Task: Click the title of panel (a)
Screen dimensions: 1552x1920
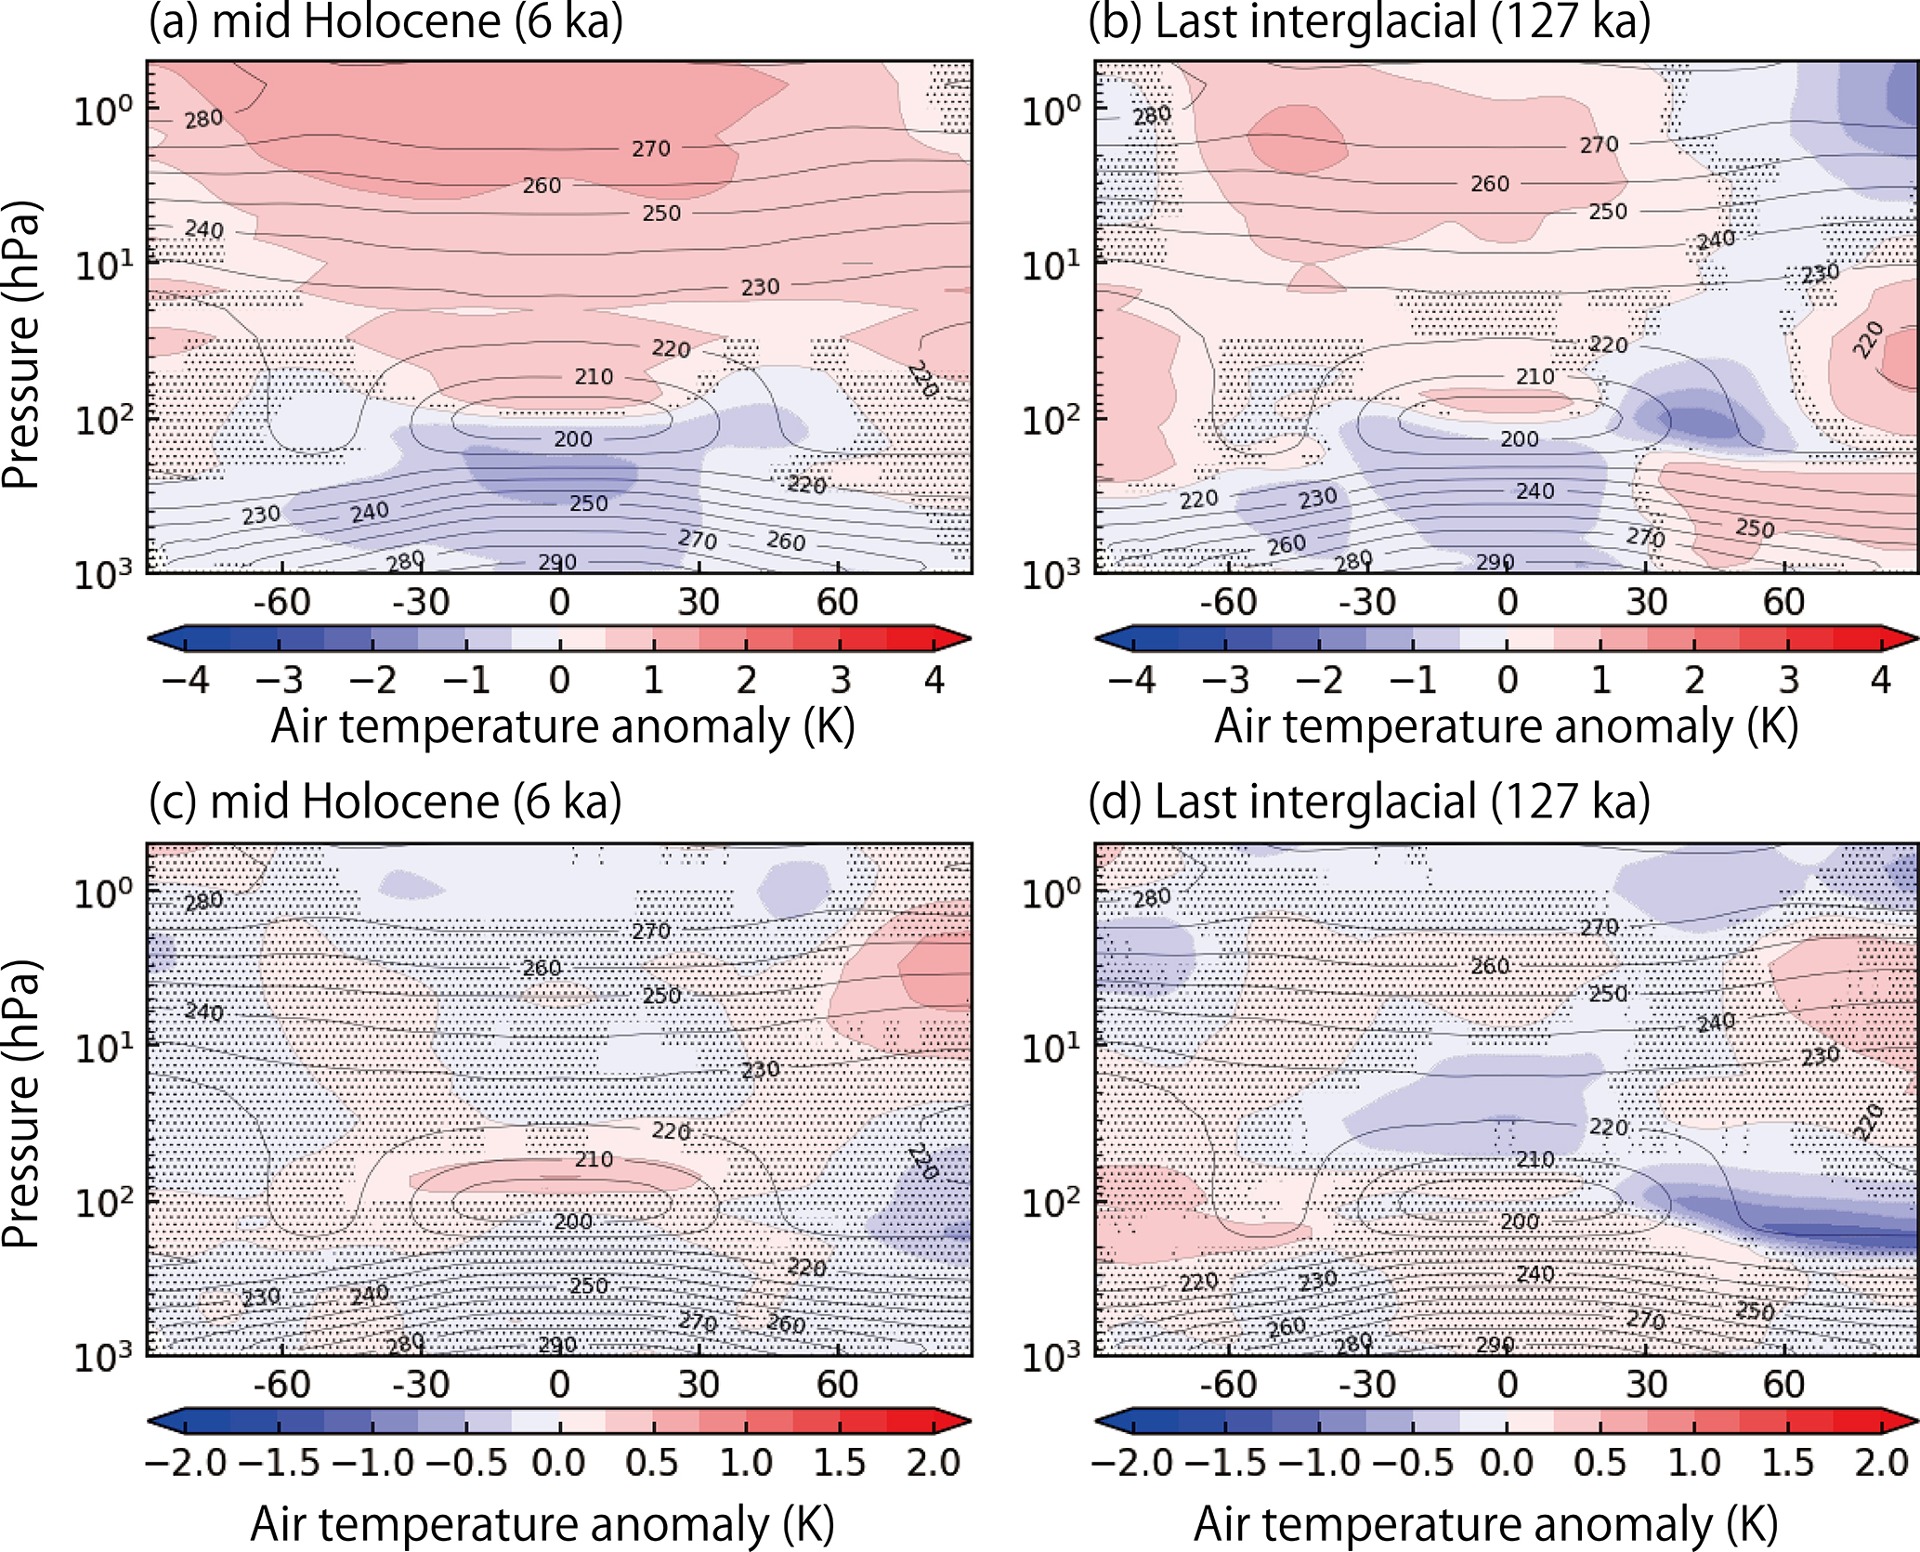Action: pos(385,22)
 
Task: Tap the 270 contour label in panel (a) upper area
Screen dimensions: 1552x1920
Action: pos(650,149)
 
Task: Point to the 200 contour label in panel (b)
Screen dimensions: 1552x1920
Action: pos(1520,438)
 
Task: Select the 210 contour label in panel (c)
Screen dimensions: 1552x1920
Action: pos(594,1159)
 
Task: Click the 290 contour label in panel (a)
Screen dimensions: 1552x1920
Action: pos(557,562)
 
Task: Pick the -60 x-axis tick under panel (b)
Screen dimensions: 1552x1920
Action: pos(1229,603)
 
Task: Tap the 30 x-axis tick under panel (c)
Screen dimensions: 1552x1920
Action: pos(699,1385)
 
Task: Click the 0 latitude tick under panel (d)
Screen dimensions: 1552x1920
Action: pos(1508,1385)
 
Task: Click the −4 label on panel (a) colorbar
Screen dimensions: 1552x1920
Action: pos(185,681)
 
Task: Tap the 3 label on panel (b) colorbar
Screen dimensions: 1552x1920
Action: pos(1789,681)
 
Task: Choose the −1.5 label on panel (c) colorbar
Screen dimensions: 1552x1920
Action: pos(279,1463)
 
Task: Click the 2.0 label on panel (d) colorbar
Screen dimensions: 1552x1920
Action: pos(1882,1463)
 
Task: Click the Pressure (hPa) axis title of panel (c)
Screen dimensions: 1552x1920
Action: pos(22,1103)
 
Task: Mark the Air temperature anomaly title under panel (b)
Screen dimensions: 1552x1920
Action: pos(1506,726)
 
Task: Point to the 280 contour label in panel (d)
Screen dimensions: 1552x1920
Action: pos(1152,898)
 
